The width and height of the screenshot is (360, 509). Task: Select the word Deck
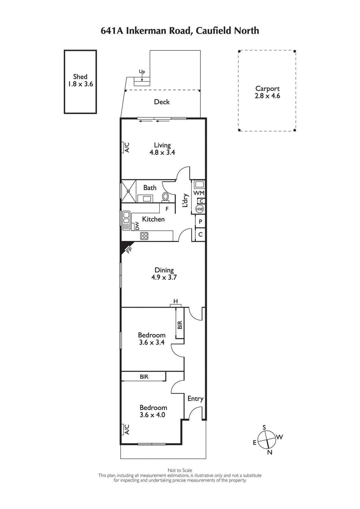tap(162, 102)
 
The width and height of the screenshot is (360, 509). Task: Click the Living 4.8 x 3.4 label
tap(162, 149)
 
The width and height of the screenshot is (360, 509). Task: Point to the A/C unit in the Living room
tap(126, 147)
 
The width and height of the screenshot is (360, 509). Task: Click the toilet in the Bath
tap(165, 196)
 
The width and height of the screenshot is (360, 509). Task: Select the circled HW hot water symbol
tap(200, 209)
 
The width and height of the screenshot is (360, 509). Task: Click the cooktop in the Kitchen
tap(144, 236)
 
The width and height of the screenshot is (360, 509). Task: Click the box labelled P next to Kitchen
tap(200, 222)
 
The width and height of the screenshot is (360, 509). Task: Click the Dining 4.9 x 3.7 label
tap(164, 274)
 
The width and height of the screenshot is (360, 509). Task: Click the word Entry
tap(195, 398)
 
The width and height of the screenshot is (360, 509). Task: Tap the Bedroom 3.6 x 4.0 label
tap(152, 411)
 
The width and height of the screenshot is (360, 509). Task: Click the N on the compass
tap(270, 452)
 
